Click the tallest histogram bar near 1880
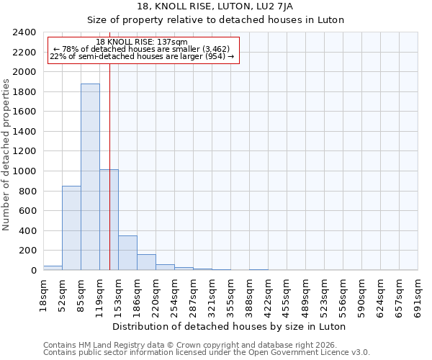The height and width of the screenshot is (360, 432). pos(90,176)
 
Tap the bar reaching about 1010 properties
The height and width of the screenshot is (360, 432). pos(109,220)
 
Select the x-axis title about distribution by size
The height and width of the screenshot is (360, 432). pos(230,326)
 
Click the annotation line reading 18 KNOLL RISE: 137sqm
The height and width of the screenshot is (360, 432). pos(142,42)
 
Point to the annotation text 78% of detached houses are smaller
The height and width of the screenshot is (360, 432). pos(142,49)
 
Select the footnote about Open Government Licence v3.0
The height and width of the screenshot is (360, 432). pos(207,352)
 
